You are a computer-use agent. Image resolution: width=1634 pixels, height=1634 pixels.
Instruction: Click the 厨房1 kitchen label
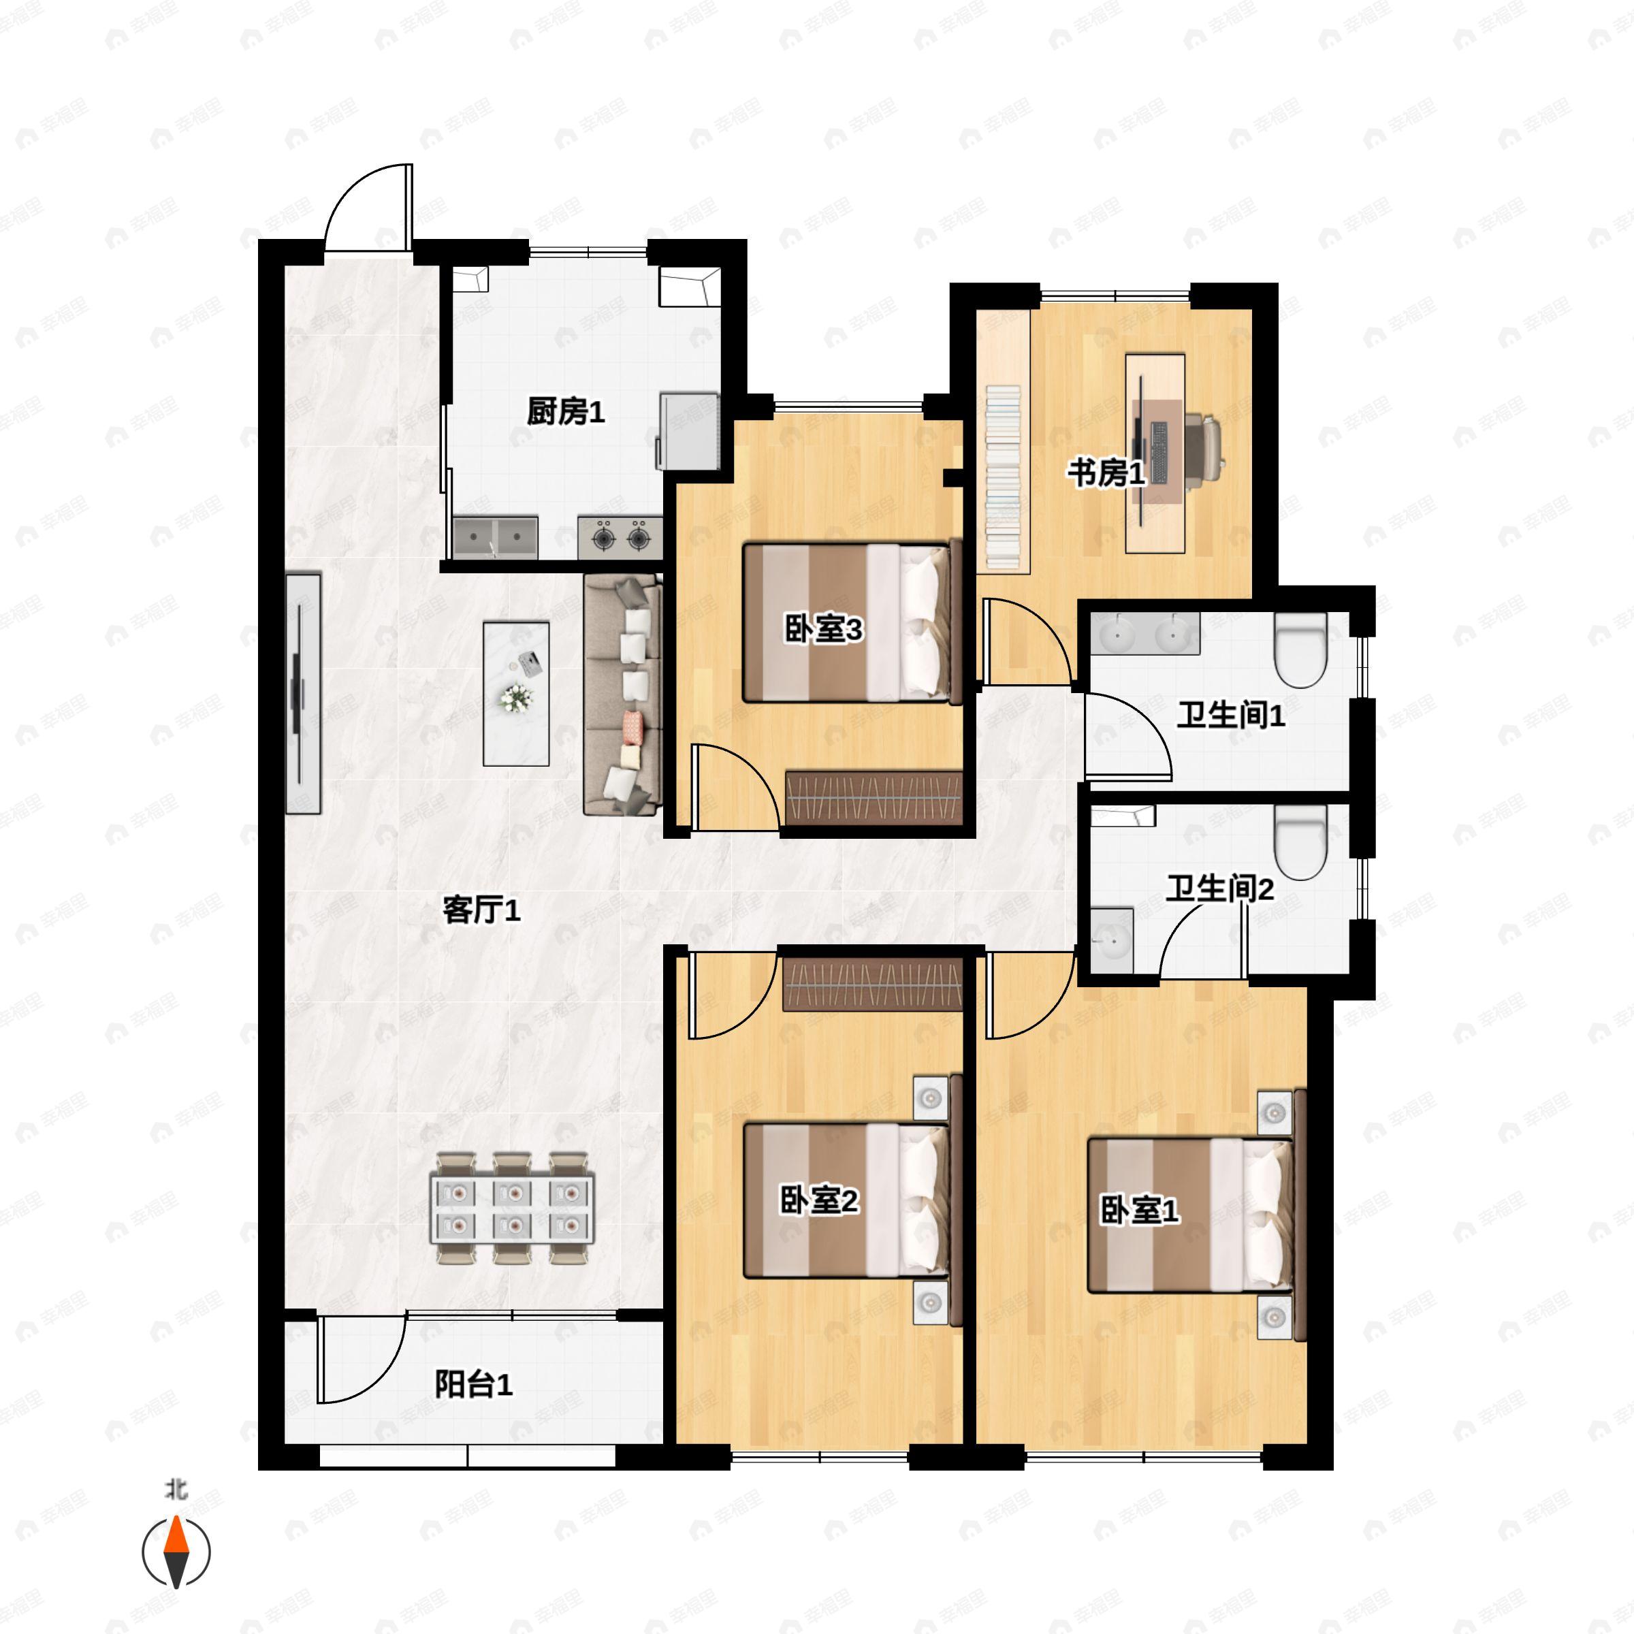566,412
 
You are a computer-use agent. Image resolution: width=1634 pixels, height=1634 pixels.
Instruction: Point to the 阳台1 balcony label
474,1385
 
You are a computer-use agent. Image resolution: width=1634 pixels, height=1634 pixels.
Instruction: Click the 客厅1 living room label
481,910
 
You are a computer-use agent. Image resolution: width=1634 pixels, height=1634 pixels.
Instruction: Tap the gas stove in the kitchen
620,537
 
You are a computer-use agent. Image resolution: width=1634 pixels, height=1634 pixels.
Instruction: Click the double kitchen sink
495,538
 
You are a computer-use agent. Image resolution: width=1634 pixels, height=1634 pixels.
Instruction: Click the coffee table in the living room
516,694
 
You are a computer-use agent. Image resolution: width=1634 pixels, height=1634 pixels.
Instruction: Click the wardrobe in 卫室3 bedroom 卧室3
874,797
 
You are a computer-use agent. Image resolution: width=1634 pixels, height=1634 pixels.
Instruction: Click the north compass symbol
176,1552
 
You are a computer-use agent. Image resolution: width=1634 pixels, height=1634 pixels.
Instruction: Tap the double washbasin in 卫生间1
1145,633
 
